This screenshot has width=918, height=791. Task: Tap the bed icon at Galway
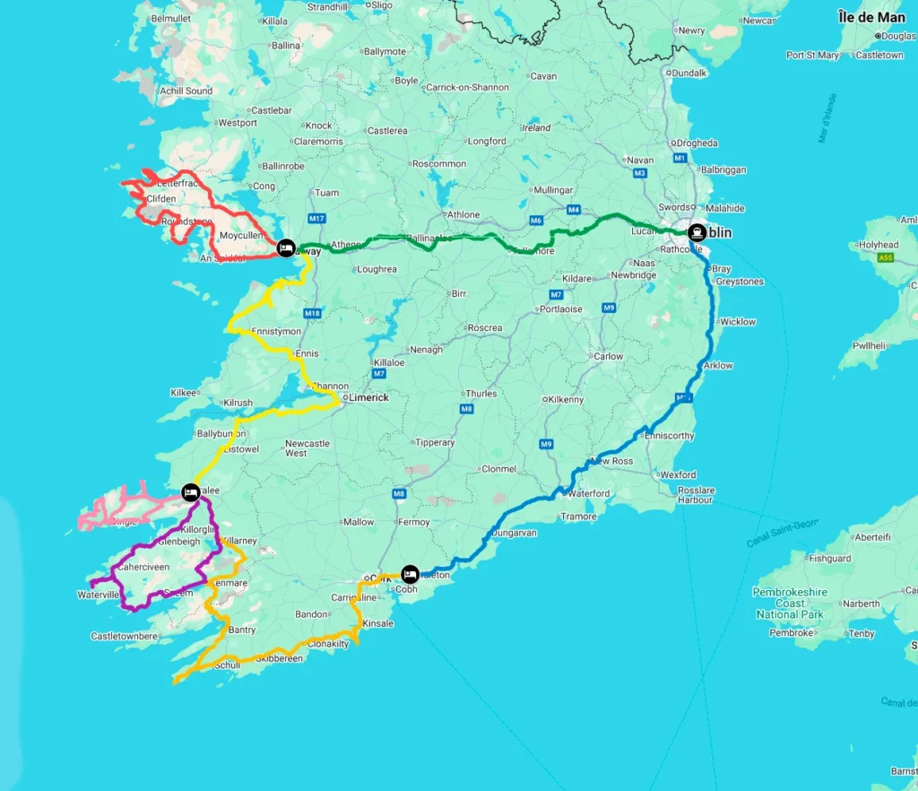pyautogui.click(x=285, y=247)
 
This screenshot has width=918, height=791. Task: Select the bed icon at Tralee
pyautogui.click(x=190, y=491)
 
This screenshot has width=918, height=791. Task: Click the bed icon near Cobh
pyautogui.click(x=410, y=573)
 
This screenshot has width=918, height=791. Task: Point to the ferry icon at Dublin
pyautogui.click(x=697, y=232)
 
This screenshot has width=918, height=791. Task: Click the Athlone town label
pyautogui.click(x=464, y=215)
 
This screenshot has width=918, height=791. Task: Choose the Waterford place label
pyautogui.click(x=590, y=493)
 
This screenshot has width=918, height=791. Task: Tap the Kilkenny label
pyautogui.click(x=567, y=399)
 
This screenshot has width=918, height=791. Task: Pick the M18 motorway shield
pyautogui.click(x=312, y=313)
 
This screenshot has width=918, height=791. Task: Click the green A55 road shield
pyautogui.click(x=886, y=258)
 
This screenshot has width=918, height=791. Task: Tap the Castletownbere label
pyautogui.click(x=125, y=637)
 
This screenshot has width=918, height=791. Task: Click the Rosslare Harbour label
pyautogui.click(x=696, y=495)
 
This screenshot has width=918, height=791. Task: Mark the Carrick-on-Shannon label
pyautogui.click(x=467, y=88)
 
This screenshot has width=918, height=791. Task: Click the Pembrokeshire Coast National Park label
pyautogui.click(x=789, y=604)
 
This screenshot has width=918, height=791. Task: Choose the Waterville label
pyautogui.click(x=98, y=595)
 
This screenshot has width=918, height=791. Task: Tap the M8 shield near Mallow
pyautogui.click(x=400, y=494)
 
